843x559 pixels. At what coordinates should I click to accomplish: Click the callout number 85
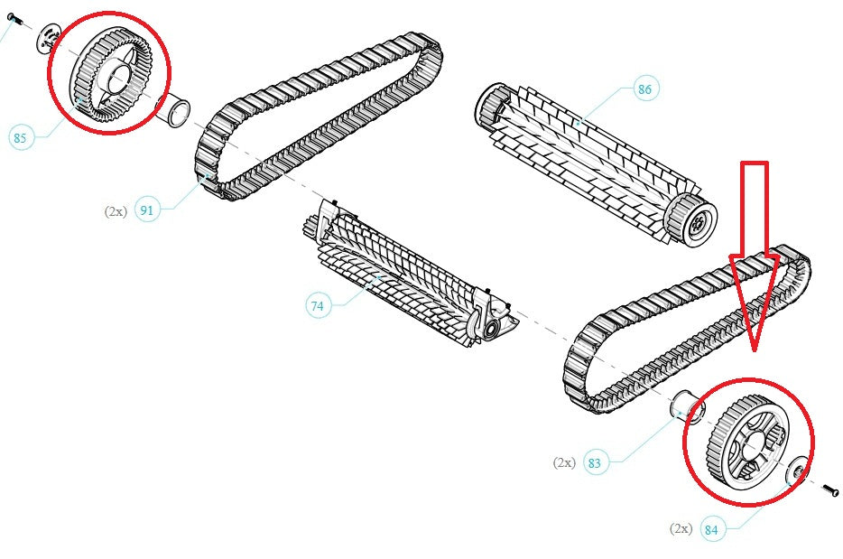(20, 138)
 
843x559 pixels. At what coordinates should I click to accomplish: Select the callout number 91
(146, 210)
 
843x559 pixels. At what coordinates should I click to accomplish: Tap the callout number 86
(644, 89)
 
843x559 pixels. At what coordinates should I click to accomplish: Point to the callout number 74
(317, 305)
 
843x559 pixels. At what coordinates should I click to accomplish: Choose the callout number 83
(594, 463)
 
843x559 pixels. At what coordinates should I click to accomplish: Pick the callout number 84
(710, 530)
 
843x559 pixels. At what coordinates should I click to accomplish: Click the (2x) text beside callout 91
(116, 211)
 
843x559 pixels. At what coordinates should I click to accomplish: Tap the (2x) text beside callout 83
(564, 462)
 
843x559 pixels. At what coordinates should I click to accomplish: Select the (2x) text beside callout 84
(681, 529)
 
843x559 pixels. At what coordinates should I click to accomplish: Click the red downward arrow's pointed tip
(755, 351)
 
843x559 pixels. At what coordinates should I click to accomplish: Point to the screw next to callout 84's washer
(831, 490)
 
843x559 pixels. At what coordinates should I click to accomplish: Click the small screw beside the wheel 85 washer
(14, 19)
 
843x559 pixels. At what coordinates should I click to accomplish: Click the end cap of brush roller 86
(692, 220)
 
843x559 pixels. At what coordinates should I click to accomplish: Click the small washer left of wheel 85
(49, 39)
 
